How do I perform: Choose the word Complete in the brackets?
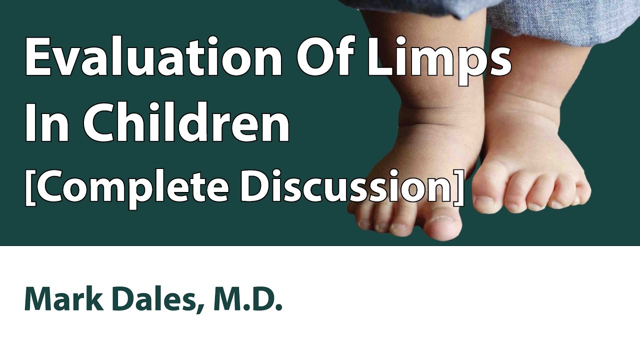click(x=133, y=187)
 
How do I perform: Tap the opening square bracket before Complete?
click(x=30, y=187)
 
